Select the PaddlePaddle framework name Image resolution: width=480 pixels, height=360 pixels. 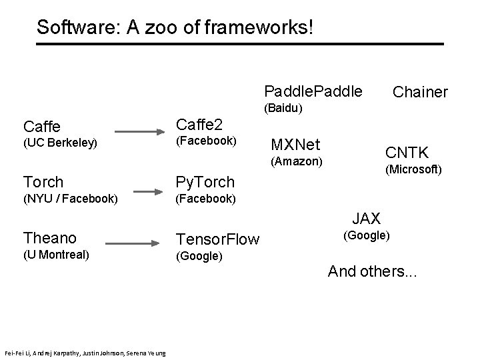[x=313, y=90]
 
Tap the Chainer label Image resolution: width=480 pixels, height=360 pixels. [x=420, y=92]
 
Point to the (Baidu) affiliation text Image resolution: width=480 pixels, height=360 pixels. [x=283, y=107]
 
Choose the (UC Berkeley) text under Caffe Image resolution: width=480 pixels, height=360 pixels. [x=60, y=143]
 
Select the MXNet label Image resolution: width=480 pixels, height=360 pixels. [x=295, y=145]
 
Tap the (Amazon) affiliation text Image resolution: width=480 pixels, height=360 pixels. [x=295, y=161]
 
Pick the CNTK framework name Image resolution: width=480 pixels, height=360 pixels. [x=406, y=153]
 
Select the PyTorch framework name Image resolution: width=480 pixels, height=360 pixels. [x=205, y=182]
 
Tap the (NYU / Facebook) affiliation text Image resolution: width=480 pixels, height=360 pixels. [x=71, y=199]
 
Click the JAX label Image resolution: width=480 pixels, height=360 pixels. [x=366, y=219]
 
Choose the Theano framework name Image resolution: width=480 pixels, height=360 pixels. [x=50, y=238]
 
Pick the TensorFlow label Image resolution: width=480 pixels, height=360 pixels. [x=217, y=240]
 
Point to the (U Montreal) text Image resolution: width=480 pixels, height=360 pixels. [x=57, y=255]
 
